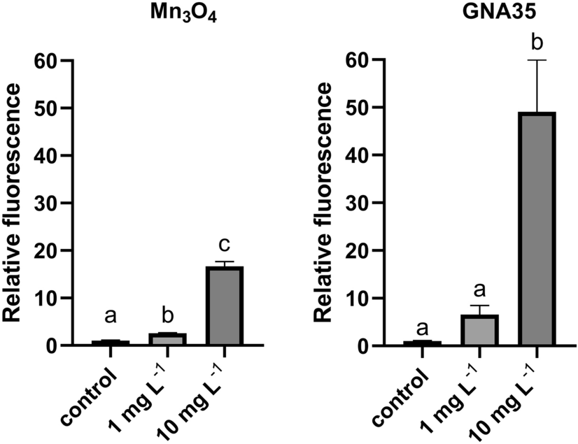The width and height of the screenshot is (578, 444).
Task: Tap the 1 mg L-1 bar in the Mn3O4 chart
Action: pos(167,339)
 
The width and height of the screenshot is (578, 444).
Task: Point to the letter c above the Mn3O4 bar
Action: pos(224,247)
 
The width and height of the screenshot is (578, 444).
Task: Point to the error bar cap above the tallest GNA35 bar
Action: pos(537,61)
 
